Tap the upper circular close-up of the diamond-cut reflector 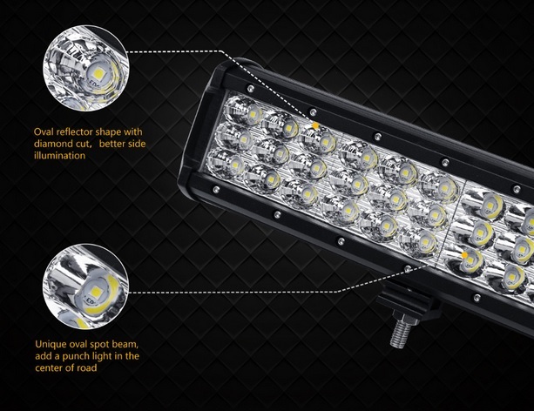(x=86, y=68)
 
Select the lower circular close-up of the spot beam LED (x=86, y=286)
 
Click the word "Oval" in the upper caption (x=44, y=131)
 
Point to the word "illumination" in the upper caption (x=59, y=156)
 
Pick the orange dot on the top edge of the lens (x=316, y=126)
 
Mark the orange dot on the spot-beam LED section (x=464, y=255)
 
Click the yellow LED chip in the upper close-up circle (x=98, y=73)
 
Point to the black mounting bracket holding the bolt (x=409, y=301)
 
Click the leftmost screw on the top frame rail (x=251, y=89)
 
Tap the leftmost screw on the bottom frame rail (x=215, y=189)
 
